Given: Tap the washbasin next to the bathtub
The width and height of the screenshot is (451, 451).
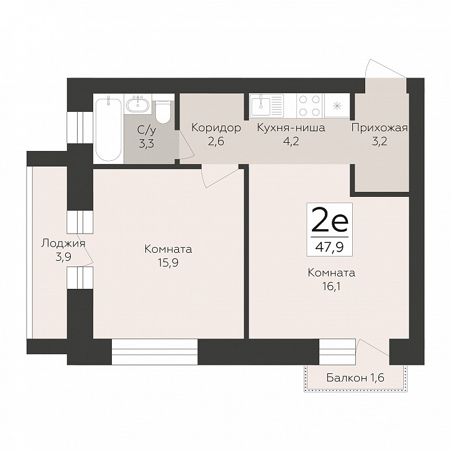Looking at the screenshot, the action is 139,104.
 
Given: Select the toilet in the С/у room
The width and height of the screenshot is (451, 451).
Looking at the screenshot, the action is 163,112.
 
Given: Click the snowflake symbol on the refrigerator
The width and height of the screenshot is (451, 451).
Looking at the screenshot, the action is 336,106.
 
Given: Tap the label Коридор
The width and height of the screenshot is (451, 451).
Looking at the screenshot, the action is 216,127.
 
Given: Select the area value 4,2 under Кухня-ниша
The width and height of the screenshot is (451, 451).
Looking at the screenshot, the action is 291,142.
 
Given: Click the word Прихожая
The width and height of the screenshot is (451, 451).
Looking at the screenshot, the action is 380,128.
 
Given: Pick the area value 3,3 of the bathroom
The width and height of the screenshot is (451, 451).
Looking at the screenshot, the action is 147,143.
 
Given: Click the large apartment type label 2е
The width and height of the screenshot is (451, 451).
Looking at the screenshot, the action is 330,220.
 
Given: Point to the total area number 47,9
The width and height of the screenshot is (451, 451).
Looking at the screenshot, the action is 329,247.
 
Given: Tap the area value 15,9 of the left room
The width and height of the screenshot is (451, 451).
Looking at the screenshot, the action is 168,262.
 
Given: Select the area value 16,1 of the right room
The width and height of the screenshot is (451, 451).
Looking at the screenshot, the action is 331,286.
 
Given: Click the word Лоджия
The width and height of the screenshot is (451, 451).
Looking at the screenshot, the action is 63,244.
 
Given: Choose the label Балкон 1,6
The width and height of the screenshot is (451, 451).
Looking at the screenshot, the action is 355,377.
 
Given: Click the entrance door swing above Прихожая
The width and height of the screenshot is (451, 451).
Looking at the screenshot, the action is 385,68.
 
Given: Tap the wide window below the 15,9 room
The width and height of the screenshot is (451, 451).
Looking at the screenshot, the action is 155,352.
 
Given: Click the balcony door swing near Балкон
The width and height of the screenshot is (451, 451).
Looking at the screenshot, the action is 373,347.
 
